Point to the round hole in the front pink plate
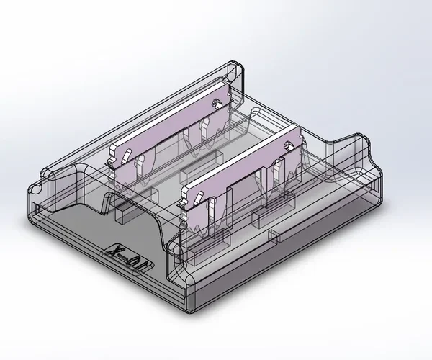pyautogui.click(x=289, y=148)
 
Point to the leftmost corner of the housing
pyautogui.click(x=29, y=189)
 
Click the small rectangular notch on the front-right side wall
pyautogui.click(x=274, y=235)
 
